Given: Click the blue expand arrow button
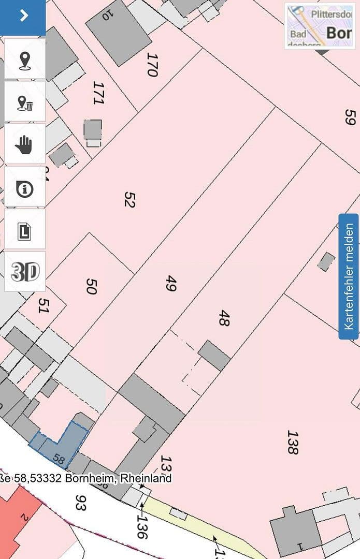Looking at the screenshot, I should (x=23, y=16).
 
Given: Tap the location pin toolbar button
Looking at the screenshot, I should (x=24, y=60).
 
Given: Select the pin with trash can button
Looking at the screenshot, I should (x=24, y=102).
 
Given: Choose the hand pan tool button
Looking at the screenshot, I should (x=24, y=144).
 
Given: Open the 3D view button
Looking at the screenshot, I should (x=24, y=272).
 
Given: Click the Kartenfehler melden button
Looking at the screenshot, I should (x=349, y=276).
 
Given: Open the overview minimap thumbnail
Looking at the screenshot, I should (x=319, y=26).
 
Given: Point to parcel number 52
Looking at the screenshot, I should (x=129, y=199).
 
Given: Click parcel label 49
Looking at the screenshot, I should (x=170, y=283).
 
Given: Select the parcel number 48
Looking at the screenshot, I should (x=224, y=318).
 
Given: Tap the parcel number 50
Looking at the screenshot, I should (x=91, y=286).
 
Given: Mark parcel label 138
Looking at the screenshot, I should (x=293, y=442).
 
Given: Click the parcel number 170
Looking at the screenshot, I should (x=151, y=65).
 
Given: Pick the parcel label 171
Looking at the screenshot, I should (x=98, y=93).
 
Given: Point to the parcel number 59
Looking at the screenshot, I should (x=349, y=116).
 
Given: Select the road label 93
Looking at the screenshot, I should (x=80, y=502).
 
